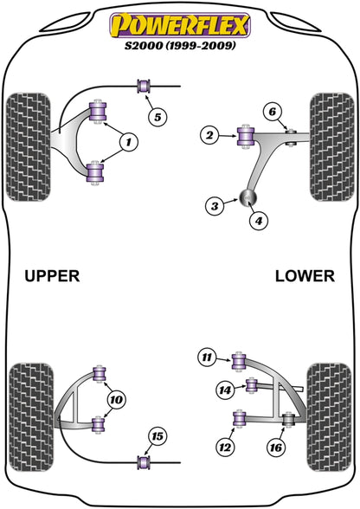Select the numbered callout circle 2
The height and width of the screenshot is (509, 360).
[210, 133]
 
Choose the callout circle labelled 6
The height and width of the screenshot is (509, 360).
[272, 110]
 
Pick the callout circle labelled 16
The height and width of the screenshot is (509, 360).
[277, 448]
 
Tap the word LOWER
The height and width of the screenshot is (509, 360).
[304, 276]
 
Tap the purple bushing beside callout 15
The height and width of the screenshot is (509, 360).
[144, 462]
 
